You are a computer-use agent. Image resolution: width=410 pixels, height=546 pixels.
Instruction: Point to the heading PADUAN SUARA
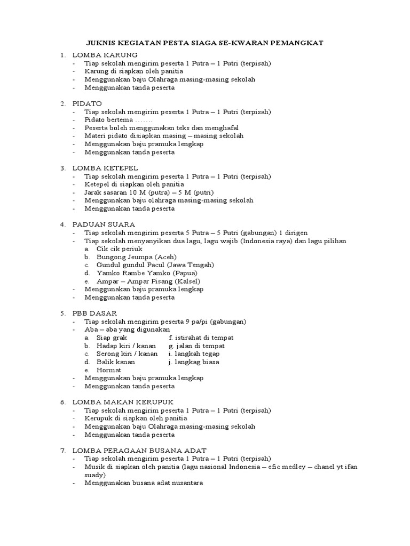click(x=104, y=224)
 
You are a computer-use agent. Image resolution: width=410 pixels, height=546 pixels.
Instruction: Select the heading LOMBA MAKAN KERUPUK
click(x=123, y=402)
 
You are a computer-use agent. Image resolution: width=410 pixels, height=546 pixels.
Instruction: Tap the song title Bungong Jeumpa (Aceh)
click(x=136, y=257)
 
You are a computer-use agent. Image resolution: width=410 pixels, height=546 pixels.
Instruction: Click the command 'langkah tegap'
click(x=196, y=354)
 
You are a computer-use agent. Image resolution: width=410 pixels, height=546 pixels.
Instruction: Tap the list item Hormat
click(x=108, y=370)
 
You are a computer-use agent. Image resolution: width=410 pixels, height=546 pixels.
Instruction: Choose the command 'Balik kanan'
click(x=116, y=362)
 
